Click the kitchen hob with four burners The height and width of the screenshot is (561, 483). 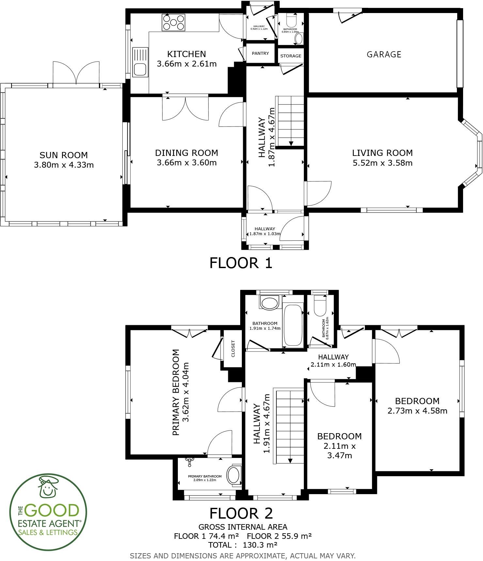pos(174,23)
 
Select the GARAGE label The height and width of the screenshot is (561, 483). pos(384,54)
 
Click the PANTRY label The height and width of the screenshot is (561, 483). pos(260,53)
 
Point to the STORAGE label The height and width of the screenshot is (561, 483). pos(291,56)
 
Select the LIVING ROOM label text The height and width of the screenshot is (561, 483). pos(382,153)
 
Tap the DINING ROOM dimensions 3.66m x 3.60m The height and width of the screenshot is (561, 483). pos(187,162)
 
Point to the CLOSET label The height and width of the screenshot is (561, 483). pos(233,349)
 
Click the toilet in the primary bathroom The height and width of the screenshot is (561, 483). pos(234,475)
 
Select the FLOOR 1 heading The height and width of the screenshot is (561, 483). pos(241,263)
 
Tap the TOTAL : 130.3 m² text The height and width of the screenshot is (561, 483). pos(243,545)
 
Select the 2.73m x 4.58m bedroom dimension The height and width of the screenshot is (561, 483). pos(417,411)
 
